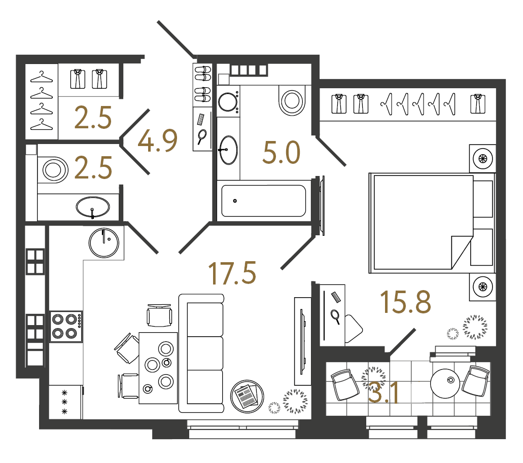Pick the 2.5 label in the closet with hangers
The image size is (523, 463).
click(93, 118)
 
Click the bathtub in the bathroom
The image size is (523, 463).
click(263, 200)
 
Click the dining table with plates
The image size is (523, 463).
click(158, 367)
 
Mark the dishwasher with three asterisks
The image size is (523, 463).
click(65, 402)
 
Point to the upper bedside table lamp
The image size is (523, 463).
click(482, 159)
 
